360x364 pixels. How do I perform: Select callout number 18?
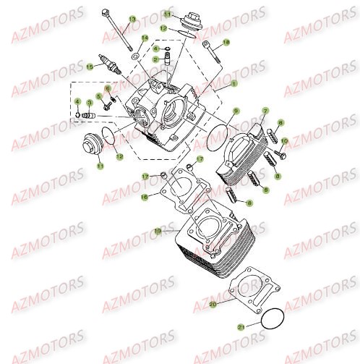pos(226,43)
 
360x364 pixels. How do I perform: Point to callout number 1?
pos(233,84)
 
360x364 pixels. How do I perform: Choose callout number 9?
pos(236,111)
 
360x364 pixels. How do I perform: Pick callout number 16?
pos(144,196)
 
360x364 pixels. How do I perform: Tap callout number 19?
pos(158,230)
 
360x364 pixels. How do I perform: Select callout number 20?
pos(213,305)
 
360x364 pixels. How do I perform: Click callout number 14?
pos(145,37)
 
